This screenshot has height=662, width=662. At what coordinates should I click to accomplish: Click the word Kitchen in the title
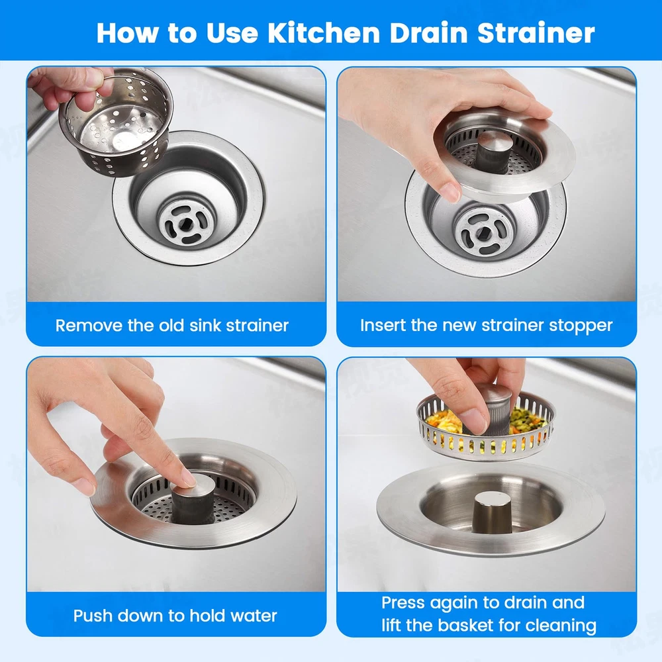(x=324, y=33)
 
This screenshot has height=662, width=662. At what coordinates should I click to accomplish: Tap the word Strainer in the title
(x=536, y=33)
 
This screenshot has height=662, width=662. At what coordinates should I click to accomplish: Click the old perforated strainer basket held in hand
(x=116, y=122)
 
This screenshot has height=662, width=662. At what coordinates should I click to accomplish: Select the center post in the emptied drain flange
(x=491, y=512)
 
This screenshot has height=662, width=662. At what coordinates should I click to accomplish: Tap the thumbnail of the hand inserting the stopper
(x=451, y=192)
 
